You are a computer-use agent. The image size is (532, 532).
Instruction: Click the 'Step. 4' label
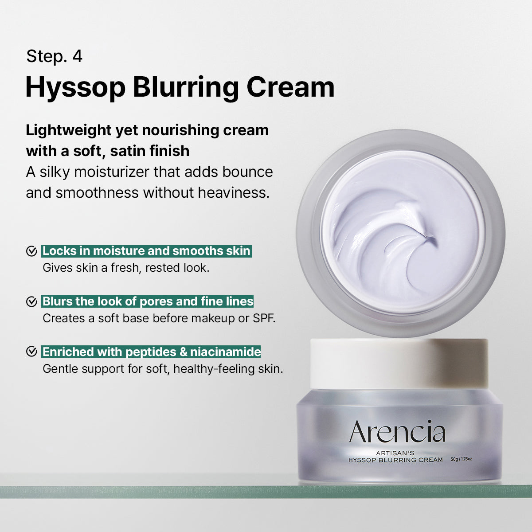54,56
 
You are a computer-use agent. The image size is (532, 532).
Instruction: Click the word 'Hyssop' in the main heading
75,87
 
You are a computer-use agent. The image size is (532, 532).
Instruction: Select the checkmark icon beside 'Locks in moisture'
31,251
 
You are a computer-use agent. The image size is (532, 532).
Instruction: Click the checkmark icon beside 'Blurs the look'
31,302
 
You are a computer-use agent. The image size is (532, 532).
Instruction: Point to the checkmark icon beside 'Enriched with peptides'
31,352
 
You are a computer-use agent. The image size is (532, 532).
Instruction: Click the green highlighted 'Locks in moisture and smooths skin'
146,251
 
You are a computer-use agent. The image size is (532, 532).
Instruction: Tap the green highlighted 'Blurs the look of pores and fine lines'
148,301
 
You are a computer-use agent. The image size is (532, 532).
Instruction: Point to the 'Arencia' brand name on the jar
397,432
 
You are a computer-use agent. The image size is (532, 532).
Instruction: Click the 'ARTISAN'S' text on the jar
395,453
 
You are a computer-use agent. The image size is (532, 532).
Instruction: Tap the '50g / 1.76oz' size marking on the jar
461,459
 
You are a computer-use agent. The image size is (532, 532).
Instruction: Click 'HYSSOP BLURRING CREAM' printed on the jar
395,460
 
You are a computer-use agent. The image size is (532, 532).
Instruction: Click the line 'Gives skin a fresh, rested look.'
126,268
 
